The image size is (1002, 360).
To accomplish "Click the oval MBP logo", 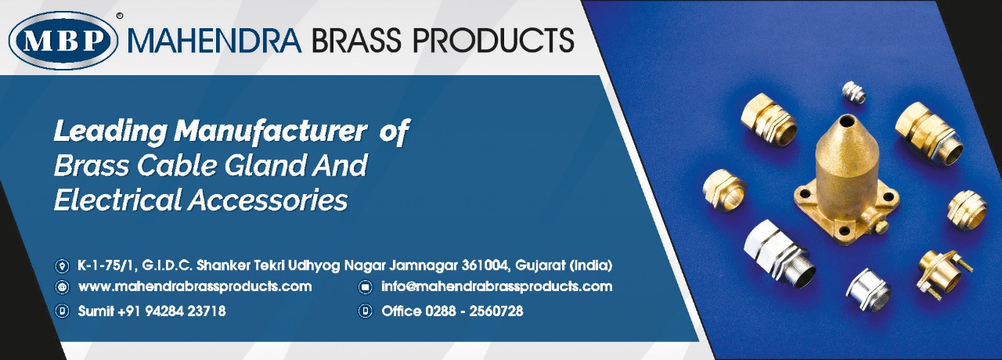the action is (x=63, y=41).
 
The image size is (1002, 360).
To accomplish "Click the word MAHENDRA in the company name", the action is (x=214, y=40).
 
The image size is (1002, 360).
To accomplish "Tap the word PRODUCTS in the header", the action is (x=493, y=40).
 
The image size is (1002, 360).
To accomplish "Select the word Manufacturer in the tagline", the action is (x=270, y=131).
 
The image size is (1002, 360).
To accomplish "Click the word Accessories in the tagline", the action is (x=268, y=199).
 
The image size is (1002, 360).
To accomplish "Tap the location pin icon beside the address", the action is (x=61, y=266).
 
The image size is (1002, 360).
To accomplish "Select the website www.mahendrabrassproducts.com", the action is (x=195, y=286).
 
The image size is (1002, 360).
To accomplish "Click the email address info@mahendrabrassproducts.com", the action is (x=496, y=286).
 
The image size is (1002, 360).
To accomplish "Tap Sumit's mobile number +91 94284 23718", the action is (x=171, y=311).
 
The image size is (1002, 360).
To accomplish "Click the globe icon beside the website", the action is (x=61, y=287).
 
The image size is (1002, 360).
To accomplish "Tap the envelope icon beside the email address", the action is (x=366, y=287).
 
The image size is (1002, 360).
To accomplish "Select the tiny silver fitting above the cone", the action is (x=853, y=92).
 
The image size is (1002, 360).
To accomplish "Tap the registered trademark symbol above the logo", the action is (x=120, y=16).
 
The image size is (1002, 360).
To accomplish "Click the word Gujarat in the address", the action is (x=540, y=265).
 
